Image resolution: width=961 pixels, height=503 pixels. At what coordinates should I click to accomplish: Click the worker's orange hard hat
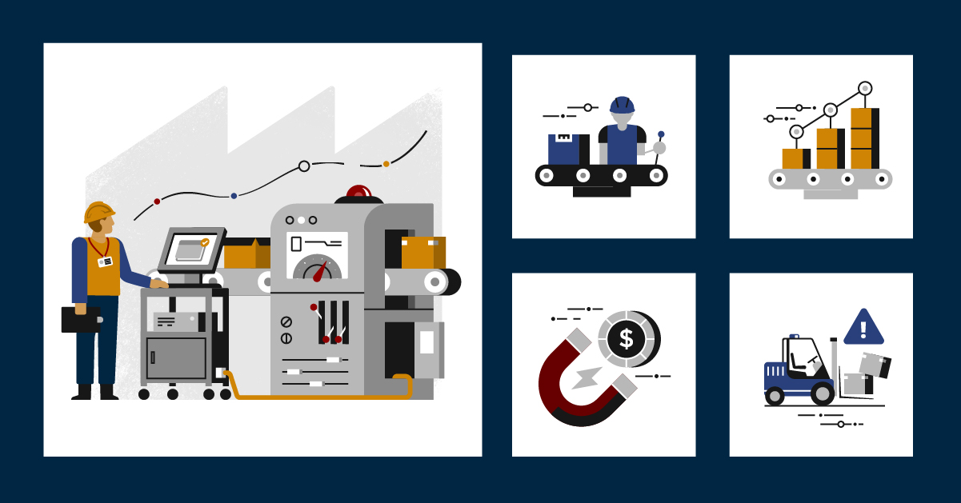click(98, 212)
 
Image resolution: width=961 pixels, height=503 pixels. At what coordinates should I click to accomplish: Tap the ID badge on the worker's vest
click(105, 261)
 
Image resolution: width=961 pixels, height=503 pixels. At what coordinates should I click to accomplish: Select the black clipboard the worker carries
click(80, 319)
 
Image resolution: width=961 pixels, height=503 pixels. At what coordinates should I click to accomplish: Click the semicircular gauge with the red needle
click(318, 269)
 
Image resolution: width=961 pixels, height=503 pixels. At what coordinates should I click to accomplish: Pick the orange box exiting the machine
click(422, 253)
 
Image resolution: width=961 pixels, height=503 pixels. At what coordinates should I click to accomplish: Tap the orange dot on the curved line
click(386, 164)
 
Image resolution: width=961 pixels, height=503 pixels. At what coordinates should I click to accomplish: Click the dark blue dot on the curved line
click(234, 195)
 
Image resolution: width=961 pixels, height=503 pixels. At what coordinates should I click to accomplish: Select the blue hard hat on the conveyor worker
click(622, 105)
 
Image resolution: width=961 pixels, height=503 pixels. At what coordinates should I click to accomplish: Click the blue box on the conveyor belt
click(563, 150)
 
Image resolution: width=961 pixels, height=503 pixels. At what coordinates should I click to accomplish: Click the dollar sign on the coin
click(626, 339)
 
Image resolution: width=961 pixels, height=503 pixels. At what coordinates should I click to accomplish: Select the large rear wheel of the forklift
click(822, 393)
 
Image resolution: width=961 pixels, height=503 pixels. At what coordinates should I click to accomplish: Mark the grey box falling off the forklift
click(874, 365)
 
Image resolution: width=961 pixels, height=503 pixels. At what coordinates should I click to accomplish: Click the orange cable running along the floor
click(320, 396)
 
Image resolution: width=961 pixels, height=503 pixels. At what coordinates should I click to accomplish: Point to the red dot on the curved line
click(157, 202)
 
